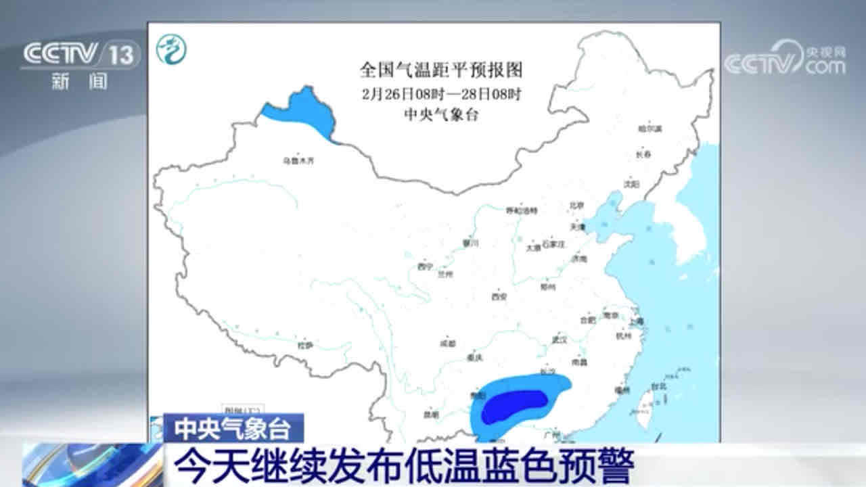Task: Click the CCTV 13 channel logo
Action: click(80, 55)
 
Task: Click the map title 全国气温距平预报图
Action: click(441, 70)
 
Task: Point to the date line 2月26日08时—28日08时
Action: click(441, 93)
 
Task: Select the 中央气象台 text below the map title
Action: click(441, 114)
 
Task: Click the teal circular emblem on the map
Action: click(172, 49)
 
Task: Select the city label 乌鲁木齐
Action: click(299, 161)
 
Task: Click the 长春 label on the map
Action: click(643, 155)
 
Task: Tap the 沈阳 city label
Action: click(631, 183)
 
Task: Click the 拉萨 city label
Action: click(306, 345)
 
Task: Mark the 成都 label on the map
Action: click(447, 344)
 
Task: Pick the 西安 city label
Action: click(499, 296)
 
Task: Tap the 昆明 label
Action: click(431, 414)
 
